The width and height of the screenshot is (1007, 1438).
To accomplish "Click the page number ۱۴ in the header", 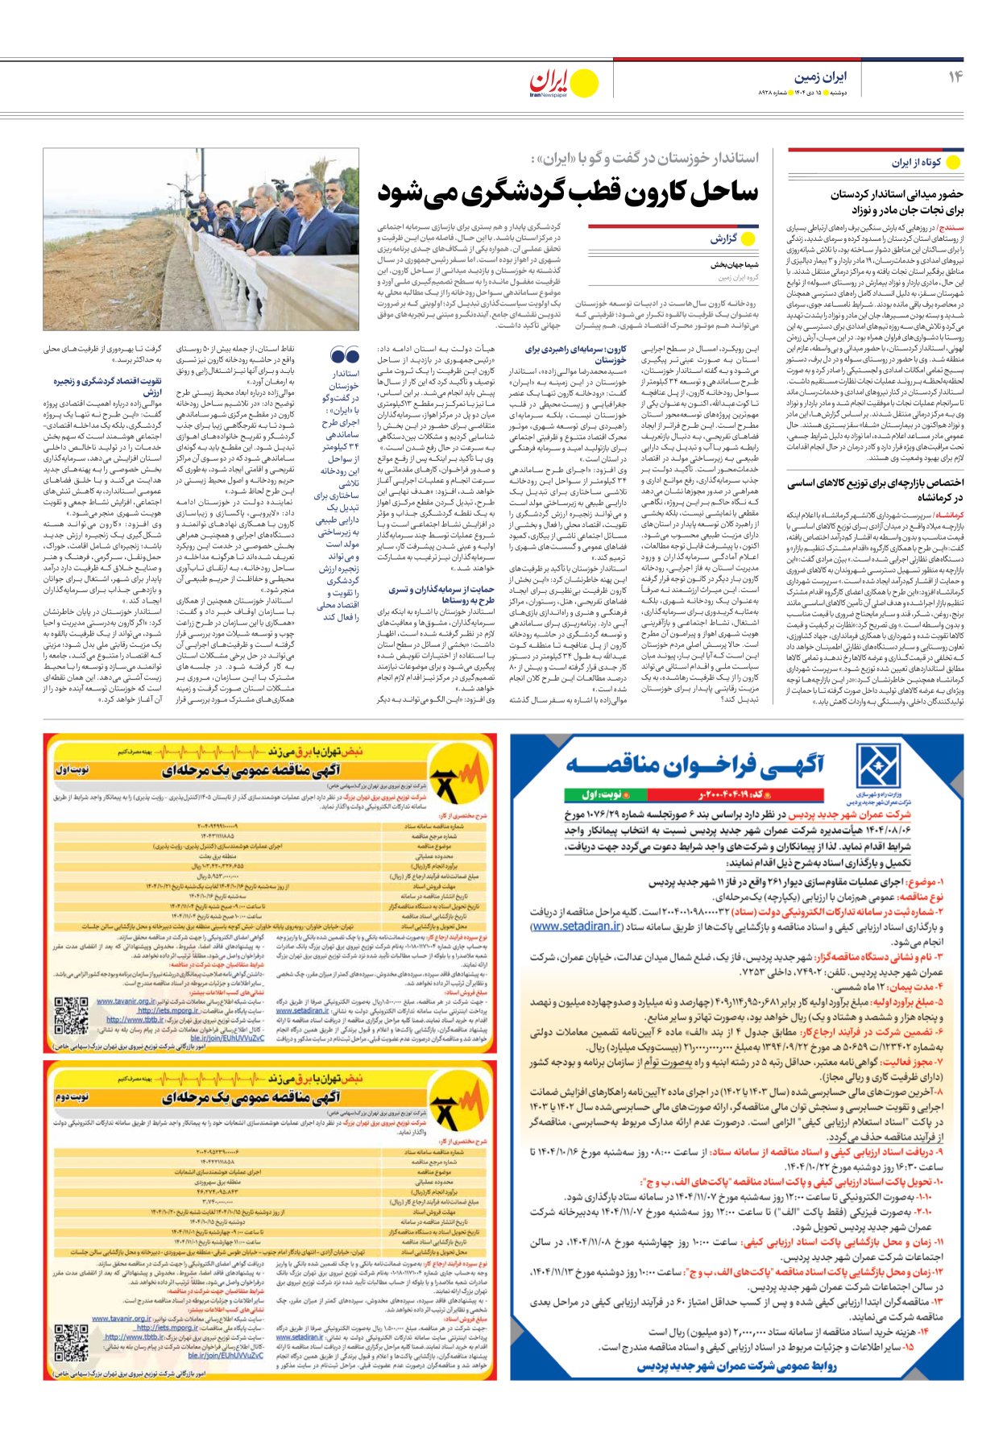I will click(x=955, y=77).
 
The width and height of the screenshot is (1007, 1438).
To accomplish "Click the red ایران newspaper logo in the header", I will click(x=549, y=82).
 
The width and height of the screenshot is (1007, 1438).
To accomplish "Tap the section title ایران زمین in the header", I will click(x=821, y=77).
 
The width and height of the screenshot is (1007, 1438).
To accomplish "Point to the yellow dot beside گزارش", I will click(x=748, y=238).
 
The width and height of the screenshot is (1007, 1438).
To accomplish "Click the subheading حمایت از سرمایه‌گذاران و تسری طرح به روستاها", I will click(x=441, y=595).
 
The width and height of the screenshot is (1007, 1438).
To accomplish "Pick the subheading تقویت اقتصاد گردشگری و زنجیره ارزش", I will click(x=107, y=386).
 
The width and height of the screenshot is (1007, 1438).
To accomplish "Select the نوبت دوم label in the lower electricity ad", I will click(x=72, y=1097).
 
